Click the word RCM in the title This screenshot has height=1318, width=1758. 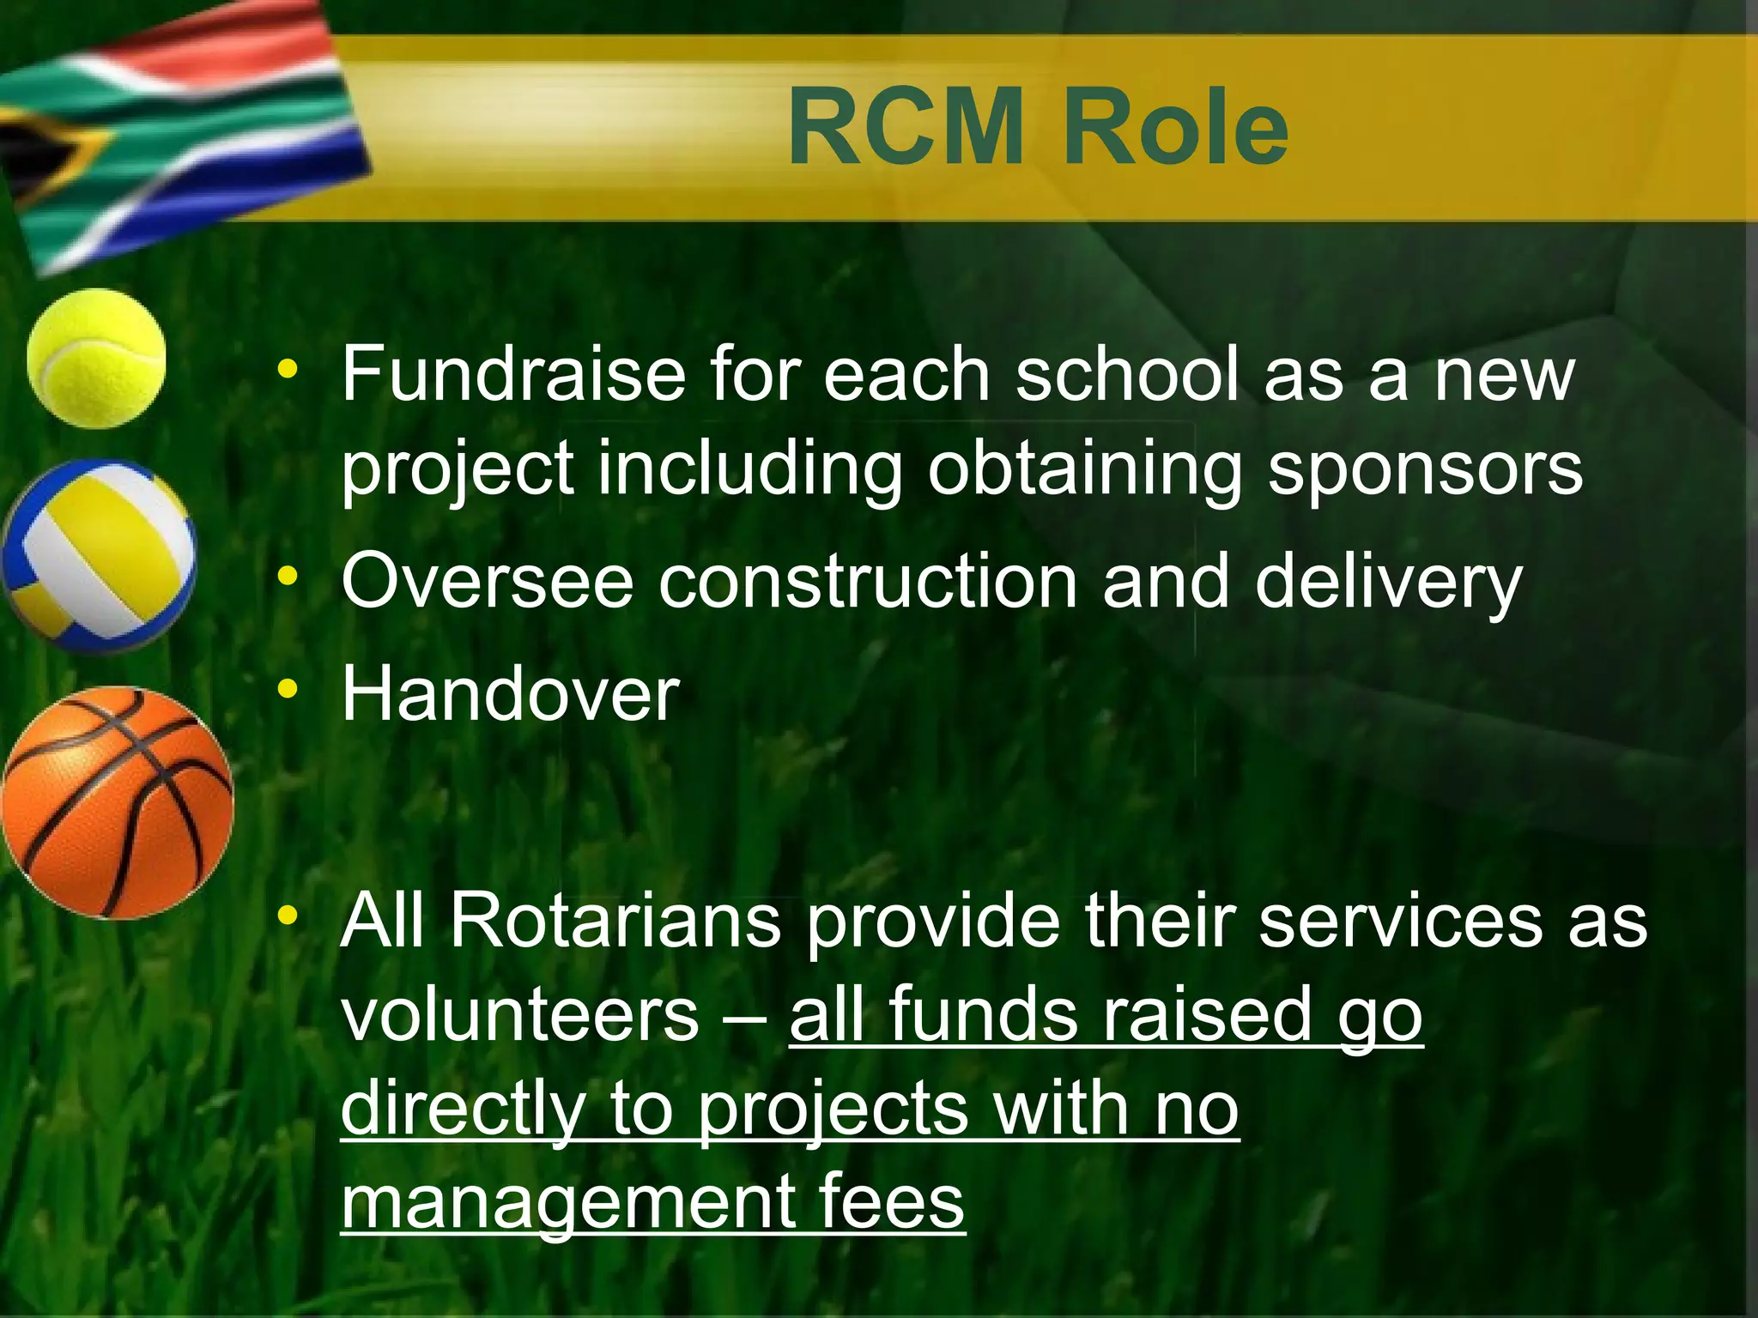point(906,129)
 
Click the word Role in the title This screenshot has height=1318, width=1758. point(1176,129)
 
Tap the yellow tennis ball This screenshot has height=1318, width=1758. point(96,358)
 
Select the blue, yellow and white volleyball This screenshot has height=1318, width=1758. point(98,556)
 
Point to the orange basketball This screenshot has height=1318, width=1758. point(118,803)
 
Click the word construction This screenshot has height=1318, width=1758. point(868,582)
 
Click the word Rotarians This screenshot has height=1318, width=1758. point(615,921)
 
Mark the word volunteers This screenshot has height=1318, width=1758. point(520,1015)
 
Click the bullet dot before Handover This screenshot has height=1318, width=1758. point(288,688)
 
